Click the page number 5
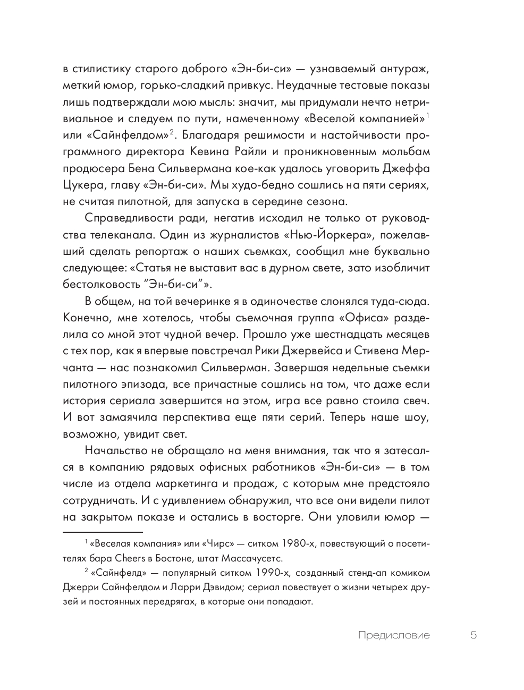pos(474,635)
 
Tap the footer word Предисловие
pos(394,635)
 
